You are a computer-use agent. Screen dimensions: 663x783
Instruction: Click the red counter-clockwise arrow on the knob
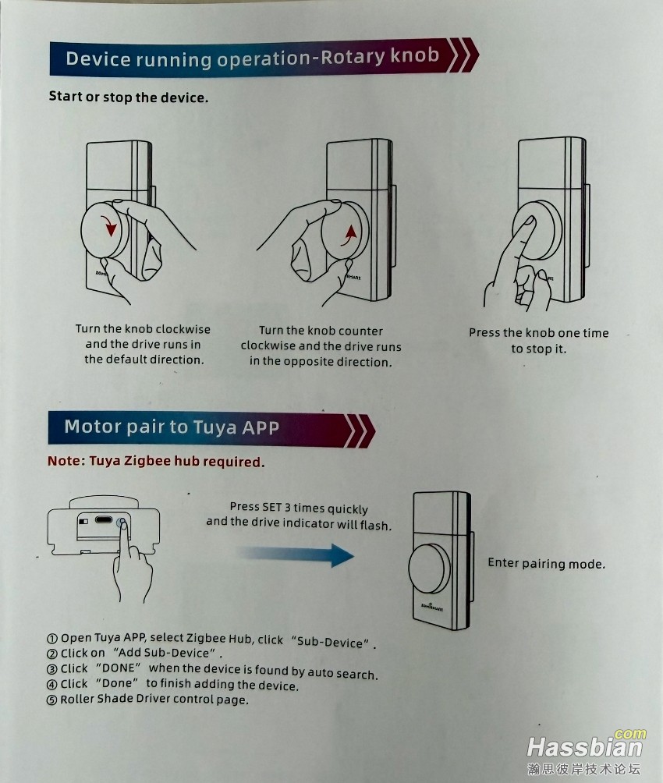pyautogui.click(x=349, y=236)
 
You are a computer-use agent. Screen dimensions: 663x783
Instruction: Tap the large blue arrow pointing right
pyautogui.click(x=296, y=554)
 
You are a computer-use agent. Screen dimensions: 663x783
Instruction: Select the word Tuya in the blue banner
pyautogui.click(x=214, y=427)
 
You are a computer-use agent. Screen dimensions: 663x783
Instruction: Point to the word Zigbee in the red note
pyautogui.click(x=147, y=460)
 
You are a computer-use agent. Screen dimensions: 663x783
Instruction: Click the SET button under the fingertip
pyautogui.click(x=122, y=523)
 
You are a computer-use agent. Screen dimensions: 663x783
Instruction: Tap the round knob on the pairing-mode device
pyautogui.click(x=429, y=568)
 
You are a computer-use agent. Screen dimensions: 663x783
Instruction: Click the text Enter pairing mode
pyautogui.click(x=546, y=563)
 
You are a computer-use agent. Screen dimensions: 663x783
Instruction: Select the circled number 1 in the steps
pyautogui.click(x=52, y=639)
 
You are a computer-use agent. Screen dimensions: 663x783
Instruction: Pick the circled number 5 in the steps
pyautogui.click(x=52, y=700)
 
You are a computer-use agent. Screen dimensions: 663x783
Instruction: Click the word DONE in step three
pyautogui.click(x=119, y=668)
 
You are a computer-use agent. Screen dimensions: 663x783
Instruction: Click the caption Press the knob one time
pyautogui.click(x=539, y=332)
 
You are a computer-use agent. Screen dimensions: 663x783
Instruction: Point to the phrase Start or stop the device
pyautogui.click(x=129, y=97)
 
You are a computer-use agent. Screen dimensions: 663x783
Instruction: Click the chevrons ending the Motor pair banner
pyautogui.click(x=360, y=430)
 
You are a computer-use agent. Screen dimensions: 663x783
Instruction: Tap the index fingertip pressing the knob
pyautogui.click(x=529, y=223)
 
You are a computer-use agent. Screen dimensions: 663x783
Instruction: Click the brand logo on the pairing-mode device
pyautogui.click(x=432, y=608)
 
